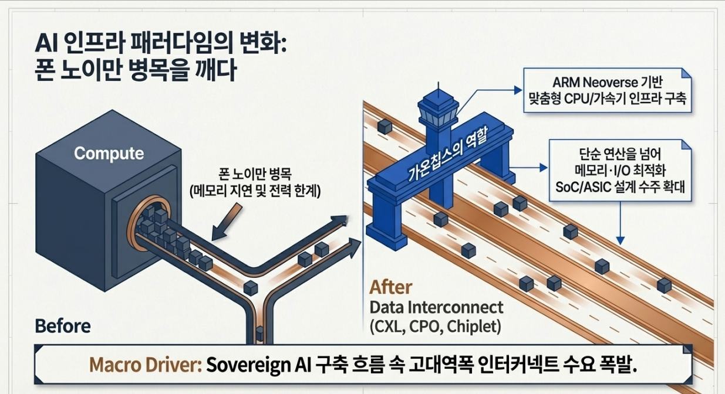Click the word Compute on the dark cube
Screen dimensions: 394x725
[x=109, y=154]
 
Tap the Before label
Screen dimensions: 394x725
[x=63, y=326]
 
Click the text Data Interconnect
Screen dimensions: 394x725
[x=436, y=307]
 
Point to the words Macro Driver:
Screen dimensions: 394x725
[x=146, y=365]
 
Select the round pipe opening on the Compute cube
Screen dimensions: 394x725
[x=136, y=227]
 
